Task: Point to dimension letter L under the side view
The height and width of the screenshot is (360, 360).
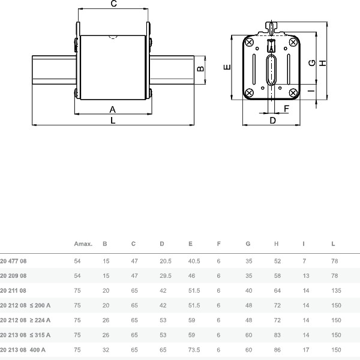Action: click(113, 120)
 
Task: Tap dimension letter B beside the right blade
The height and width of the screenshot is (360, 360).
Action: click(202, 68)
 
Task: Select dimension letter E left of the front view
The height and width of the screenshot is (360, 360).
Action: click(226, 67)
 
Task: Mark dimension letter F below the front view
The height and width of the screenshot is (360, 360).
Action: click(286, 108)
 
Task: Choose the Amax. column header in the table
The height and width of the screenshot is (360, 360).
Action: click(83, 244)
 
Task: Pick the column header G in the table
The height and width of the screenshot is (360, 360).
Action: click(248, 244)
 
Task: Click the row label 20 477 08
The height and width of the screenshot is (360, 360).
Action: click(13, 262)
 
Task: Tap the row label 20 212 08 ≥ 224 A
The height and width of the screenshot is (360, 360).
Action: click(25, 320)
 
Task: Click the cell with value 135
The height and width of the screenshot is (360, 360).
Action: click(336, 290)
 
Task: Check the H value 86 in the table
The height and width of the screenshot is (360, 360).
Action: click(277, 349)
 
